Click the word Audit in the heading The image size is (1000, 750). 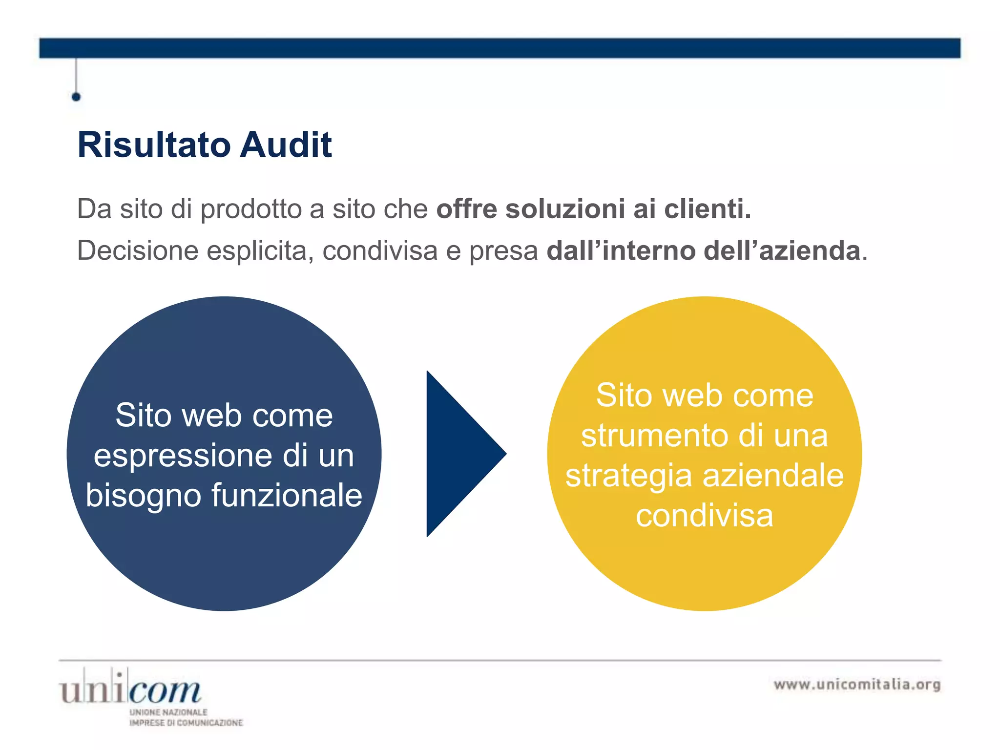(286, 145)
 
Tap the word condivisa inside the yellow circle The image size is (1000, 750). (704, 516)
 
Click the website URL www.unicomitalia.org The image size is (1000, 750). (857, 684)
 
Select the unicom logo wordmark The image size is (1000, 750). (130, 689)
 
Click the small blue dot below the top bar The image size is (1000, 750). (76, 97)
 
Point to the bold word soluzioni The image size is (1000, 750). (565, 209)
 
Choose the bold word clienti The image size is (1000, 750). (708, 209)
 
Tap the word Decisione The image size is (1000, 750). (138, 251)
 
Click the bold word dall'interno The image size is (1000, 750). (621, 251)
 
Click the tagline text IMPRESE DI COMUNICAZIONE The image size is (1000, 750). (186, 723)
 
